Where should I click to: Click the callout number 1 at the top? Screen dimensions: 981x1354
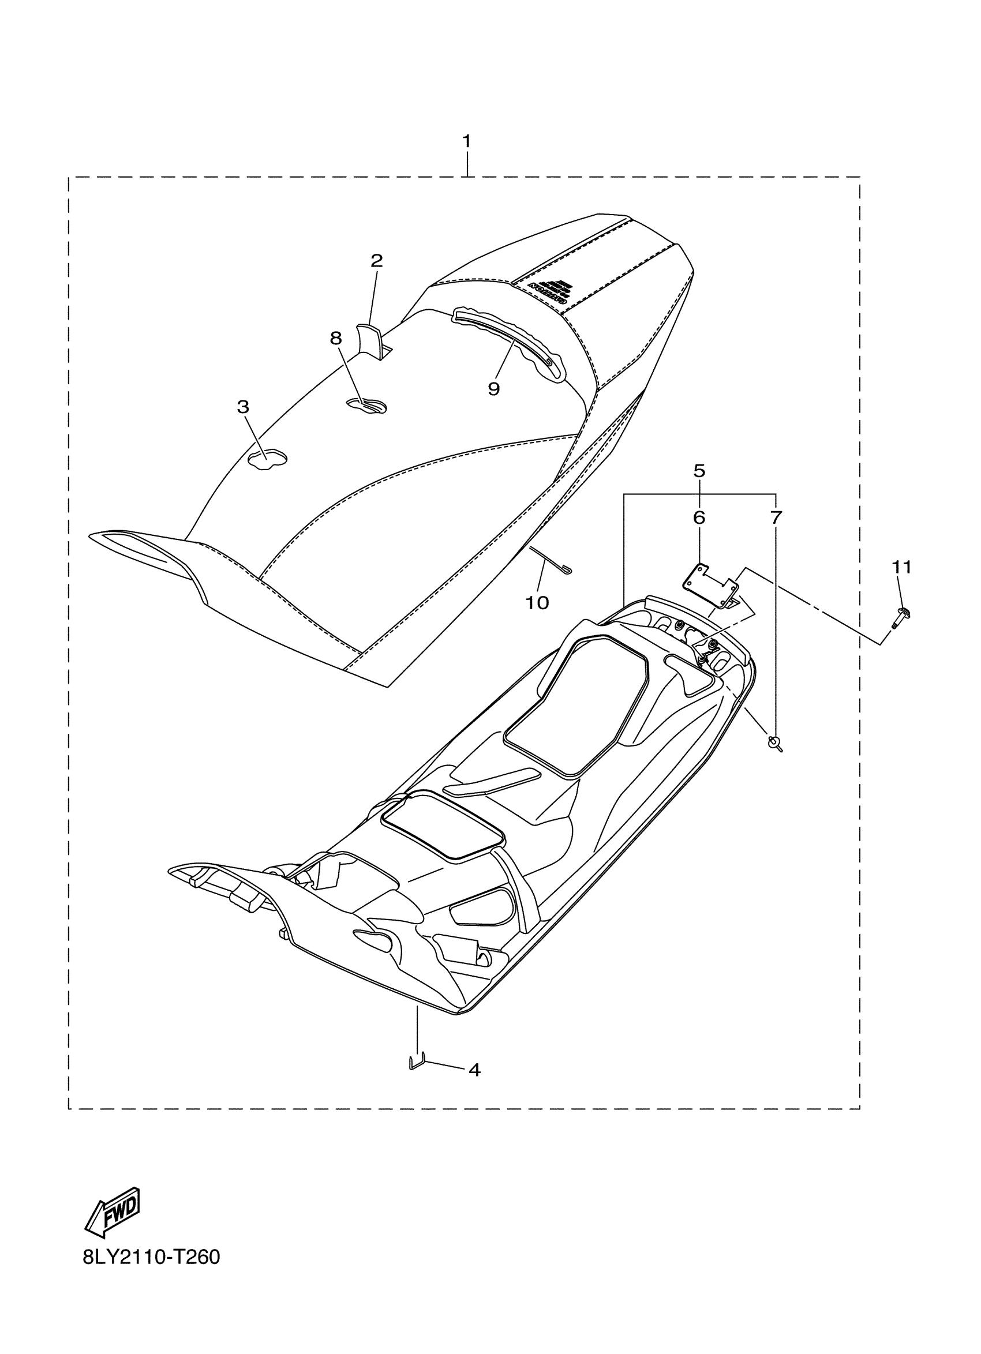466,141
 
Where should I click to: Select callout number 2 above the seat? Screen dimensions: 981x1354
376,261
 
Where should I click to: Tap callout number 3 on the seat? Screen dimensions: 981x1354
242,407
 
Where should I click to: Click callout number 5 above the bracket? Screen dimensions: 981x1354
699,471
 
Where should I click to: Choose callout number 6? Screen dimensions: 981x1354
699,517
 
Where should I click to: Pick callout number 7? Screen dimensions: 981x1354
775,517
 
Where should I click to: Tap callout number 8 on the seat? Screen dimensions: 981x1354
336,339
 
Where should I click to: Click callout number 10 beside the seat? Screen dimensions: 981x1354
537,603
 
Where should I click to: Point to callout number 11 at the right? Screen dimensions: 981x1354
901,567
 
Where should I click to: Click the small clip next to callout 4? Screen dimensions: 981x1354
416,1062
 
